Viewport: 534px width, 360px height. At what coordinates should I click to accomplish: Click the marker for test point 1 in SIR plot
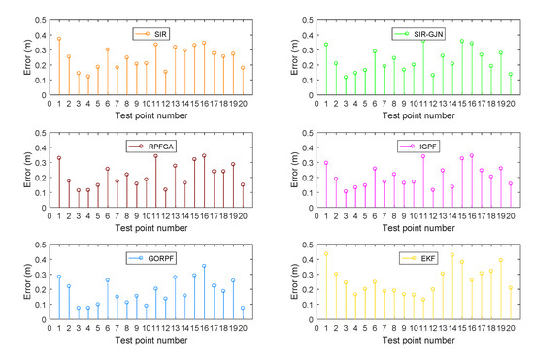click(x=59, y=39)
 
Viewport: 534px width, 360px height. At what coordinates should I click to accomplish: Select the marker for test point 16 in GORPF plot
click(x=204, y=266)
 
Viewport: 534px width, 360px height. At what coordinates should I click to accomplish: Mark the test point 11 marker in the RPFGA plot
click(x=155, y=156)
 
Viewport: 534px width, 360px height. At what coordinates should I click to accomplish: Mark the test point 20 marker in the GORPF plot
click(x=243, y=309)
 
